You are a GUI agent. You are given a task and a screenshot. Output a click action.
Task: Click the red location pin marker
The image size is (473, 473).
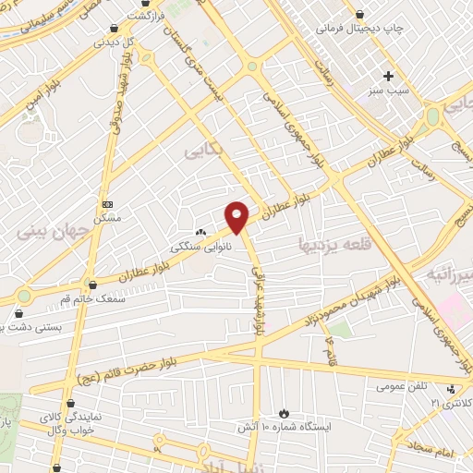tap(237, 217)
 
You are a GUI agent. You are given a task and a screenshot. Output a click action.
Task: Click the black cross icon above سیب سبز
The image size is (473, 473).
tap(388, 76)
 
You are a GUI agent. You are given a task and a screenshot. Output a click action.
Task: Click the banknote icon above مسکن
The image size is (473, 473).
tap(107, 203)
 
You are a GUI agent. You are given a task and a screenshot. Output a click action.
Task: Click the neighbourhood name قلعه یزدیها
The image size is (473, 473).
tap(333, 246)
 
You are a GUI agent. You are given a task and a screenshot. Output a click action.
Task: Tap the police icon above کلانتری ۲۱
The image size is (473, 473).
tap(451, 389)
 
